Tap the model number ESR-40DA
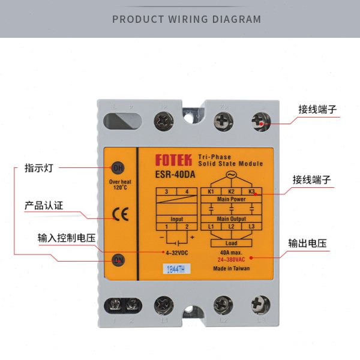(178, 176)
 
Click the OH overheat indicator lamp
(118, 167)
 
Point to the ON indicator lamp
(118, 260)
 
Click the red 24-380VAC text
(232, 259)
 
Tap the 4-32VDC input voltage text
(177, 252)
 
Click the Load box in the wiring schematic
(231, 243)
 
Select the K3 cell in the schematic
(251, 192)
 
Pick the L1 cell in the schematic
(211, 226)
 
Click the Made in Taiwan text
(232, 268)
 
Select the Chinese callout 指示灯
(39, 167)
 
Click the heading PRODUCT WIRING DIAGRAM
(187, 19)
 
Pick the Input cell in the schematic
(177, 219)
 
